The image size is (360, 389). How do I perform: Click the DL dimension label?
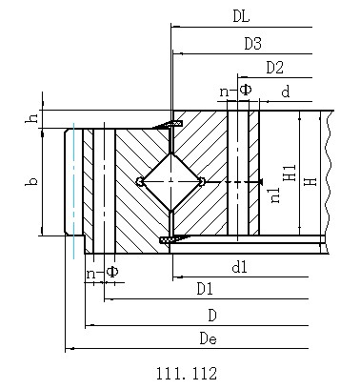tap(241, 16)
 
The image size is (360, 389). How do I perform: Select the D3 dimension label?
tap(252, 44)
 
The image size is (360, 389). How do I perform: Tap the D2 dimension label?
tap(274, 68)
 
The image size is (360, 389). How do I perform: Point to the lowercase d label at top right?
tap(286, 92)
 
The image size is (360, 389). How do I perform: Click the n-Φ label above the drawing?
tap(235, 91)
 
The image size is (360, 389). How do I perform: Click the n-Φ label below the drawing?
tap(103, 273)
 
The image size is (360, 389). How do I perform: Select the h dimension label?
tap(31, 118)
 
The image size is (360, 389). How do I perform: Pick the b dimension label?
tap(31, 181)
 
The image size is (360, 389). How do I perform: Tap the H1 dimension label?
tap(290, 174)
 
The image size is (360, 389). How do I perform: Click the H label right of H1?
tap(310, 182)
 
